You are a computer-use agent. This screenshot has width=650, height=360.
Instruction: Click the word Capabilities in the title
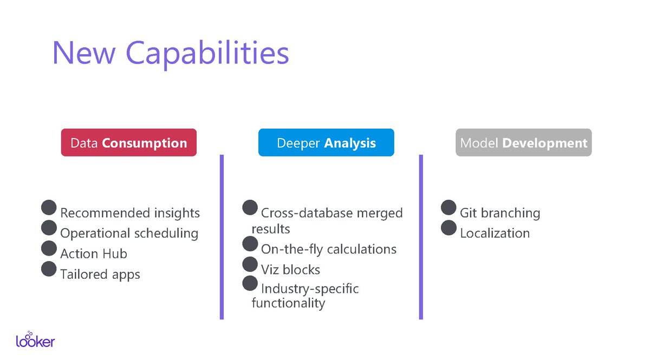pos(207,53)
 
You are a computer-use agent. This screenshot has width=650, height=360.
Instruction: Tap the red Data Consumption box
pos(128,143)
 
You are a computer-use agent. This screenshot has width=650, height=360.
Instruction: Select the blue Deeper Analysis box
pos(326,143)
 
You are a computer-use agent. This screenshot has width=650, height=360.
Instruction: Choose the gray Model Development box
pos(523,143)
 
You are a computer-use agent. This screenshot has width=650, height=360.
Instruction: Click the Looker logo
pos(35,339)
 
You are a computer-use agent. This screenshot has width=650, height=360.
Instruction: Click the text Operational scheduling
pos(129,233)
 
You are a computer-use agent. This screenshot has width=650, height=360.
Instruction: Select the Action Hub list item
pos(93,254)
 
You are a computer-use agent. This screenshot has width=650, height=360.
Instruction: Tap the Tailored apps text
pos(100,274)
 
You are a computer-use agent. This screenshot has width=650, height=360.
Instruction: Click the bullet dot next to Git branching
pos(448,207)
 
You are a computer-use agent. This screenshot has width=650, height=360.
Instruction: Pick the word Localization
pos(495,233)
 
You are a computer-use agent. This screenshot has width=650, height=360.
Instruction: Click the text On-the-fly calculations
pos(328,249)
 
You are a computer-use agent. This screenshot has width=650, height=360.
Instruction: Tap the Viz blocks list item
pos(290,270)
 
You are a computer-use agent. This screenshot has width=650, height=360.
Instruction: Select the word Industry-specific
pos(309,289)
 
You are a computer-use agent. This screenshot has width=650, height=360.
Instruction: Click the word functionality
pos(288,303)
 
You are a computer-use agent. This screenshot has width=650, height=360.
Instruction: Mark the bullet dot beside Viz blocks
pos(250,264)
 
